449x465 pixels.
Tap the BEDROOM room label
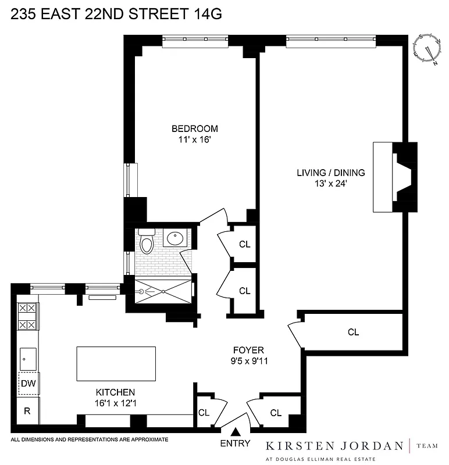[x=194, y=128]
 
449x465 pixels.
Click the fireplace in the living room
[x=395, y=177]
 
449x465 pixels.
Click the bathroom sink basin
[x=175, y=238]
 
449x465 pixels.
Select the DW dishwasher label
[x=27, y=384]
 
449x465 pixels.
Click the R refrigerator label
[x=27, y=411]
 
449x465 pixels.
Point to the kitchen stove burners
[x=28, y=317]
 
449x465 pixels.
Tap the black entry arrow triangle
[x=236, y=432]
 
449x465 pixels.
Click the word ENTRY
[x=236, y=443]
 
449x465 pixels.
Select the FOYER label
[x=248, y=350]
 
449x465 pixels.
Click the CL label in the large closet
[x=353, y=332]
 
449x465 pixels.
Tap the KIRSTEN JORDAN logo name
[x=334, y=446]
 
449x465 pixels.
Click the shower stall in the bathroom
[x=163, y=291]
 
